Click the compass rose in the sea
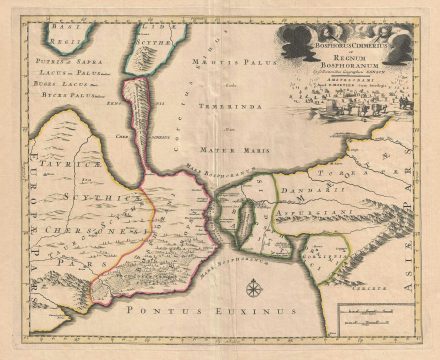[254, 292]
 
